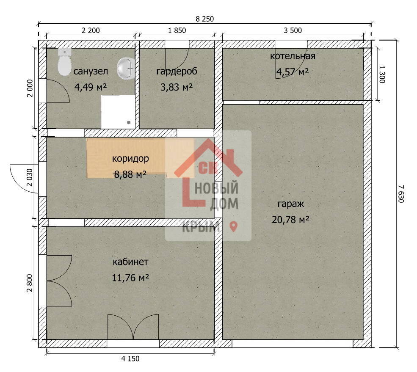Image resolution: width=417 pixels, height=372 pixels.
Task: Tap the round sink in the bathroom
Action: click(x=126, y=68)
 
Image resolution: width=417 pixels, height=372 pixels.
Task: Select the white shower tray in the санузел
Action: click(x=118, y=112)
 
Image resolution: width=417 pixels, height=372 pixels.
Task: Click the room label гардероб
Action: click(x=177, y=71)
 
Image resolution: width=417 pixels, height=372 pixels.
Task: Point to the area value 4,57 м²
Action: click(x=293, y=72)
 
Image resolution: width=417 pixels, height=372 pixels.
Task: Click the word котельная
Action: click(x=293, y=56)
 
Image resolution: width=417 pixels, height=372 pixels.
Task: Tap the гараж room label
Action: click(x=291, y=204)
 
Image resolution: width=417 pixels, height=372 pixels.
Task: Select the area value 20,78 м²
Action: click(x=290, y=220)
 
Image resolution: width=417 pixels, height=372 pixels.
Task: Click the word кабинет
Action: click(x=130, y=262)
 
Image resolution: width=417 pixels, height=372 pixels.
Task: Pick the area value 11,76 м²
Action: click(x=130, y=278)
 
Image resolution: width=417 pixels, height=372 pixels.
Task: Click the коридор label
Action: click(x=130, y=159)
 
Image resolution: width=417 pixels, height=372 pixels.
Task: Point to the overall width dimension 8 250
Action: click(x=205, y=19)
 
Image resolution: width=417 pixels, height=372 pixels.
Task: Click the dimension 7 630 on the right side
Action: click(x=401, y=193)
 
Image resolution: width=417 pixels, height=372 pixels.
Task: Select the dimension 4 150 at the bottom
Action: click(x=130, y=359)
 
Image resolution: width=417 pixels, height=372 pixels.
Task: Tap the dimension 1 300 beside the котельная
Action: click(x=382, y=74)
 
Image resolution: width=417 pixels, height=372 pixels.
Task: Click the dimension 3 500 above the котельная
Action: click(x=293, y=30)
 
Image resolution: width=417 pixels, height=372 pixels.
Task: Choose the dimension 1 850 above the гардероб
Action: click(x=177, y=30)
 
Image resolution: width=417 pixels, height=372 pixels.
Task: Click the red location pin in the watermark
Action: click(x=234, y=226)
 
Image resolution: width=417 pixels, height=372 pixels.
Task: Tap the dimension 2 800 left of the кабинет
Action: click(x=30, y=283)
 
